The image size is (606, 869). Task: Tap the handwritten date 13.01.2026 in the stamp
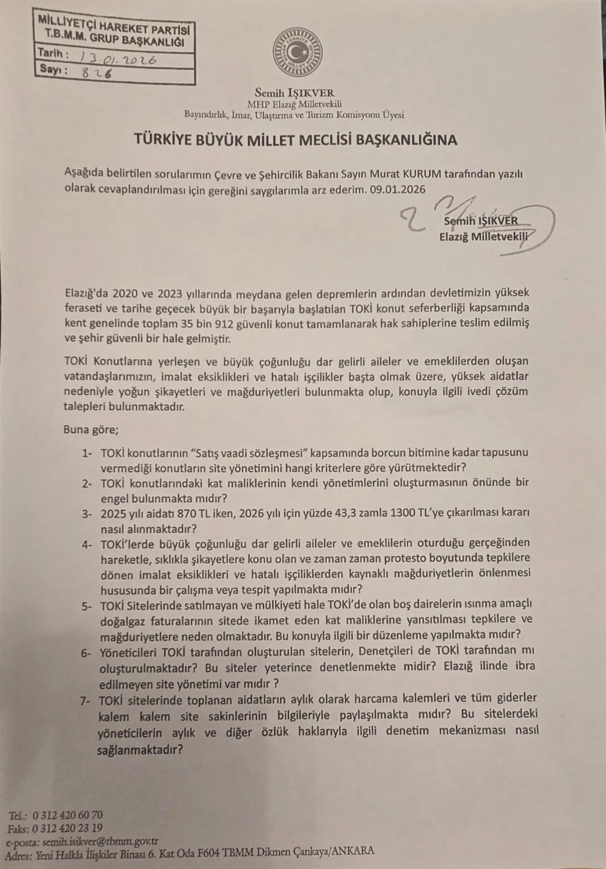[119, 59]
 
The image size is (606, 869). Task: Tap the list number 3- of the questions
[86, 514]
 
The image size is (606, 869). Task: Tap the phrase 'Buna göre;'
[91, 430]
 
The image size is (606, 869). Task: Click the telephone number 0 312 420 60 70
[68, 815]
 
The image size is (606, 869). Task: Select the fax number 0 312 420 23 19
[68, 828]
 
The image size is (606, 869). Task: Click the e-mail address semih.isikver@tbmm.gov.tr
[100, 842]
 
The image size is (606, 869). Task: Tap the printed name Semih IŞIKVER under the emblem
[294, 93]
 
